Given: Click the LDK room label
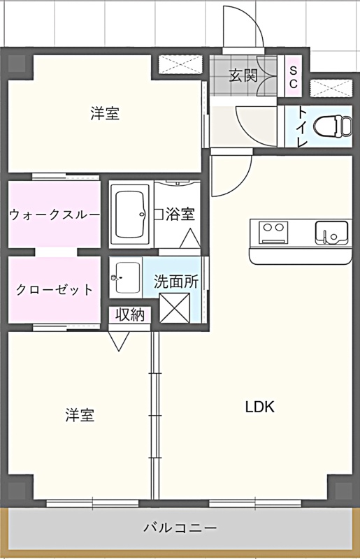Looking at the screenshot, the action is tap(260, 407).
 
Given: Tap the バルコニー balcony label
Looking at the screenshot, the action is tap(180, 527).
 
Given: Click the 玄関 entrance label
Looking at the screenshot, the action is tap(243, 75).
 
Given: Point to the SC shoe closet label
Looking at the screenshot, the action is tap(293, 77).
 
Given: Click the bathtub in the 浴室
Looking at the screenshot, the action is tap(129, 215).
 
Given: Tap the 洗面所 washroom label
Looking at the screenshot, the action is tap(176, 282).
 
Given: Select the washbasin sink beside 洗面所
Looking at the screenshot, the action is tap(126, 277).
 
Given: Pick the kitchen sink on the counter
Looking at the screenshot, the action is tap(331, 233).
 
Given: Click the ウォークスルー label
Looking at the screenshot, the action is tap(55, 215).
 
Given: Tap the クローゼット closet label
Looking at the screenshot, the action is tap(55, 289).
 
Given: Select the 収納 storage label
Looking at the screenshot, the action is tap(130, 315).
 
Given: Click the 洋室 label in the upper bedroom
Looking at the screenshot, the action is tap(105, 113).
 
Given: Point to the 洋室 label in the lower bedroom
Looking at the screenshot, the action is tap(80, 415).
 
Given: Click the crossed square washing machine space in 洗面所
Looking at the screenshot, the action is tap(175, 307).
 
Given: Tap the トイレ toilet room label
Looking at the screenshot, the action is tap(303, 127).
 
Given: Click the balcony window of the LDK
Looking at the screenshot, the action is tap(255, 504).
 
